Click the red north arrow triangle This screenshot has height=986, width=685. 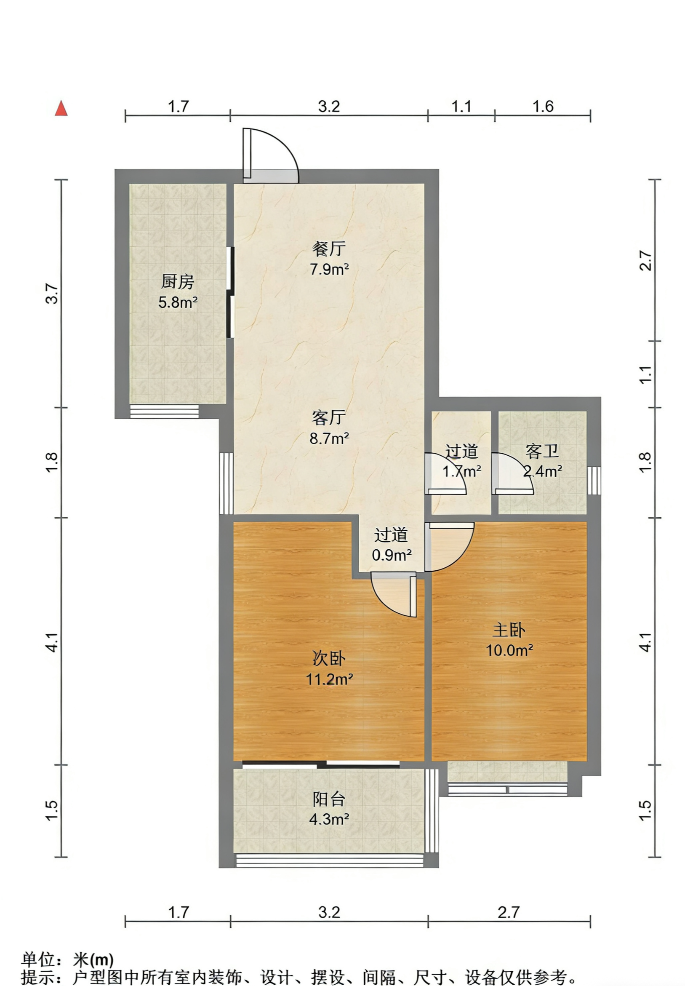(61, 108)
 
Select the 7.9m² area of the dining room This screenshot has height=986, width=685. (329, 269)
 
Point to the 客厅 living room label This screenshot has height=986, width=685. (329, 417)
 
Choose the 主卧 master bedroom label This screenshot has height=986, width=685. (509, 630)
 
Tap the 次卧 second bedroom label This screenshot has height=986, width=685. (329, 659)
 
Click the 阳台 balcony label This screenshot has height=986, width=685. (329, 799)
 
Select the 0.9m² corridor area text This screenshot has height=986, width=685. (392, 556)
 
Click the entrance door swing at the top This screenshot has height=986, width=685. (271, 155)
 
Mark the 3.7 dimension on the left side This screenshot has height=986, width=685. (52, 294)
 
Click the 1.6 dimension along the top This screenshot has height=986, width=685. (543, 106)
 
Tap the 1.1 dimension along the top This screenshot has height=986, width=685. (461, 106)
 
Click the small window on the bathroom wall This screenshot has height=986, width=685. (594, 480)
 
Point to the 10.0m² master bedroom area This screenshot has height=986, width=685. (509, 650)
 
